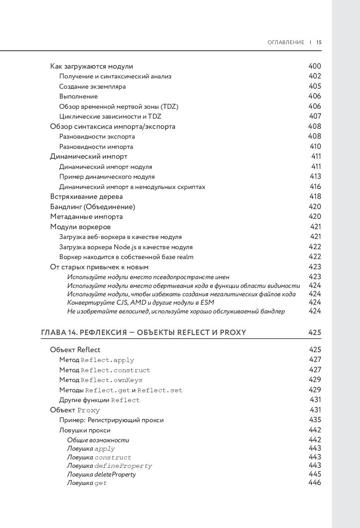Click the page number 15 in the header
click(x=319, y=42)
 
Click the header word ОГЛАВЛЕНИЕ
click(x=286, y=42)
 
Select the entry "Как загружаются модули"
click(x=91, y=66)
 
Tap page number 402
click(x=314, y=76)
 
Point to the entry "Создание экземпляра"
click(x=92, y=86)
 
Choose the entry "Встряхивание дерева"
click(x=86, y=197)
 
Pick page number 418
click(x=315, y=196)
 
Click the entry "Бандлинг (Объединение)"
click(x=92, y=207)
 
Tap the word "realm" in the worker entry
click(x=185, y=257)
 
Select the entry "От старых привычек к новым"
click(x=99, y=267)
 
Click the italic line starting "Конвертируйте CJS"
click(x=141, y=302)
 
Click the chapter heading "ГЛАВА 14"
click(x=143, y=332)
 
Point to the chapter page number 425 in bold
click(x=314, y=332)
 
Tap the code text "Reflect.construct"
click(x=115, y=370)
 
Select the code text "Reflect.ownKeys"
click(x=111, y=380)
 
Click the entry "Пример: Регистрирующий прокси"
click(x=111, y=420)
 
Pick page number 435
click(x=315, y=420)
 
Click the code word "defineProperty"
click(x=123, y=466)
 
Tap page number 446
click(x=315, y=482)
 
